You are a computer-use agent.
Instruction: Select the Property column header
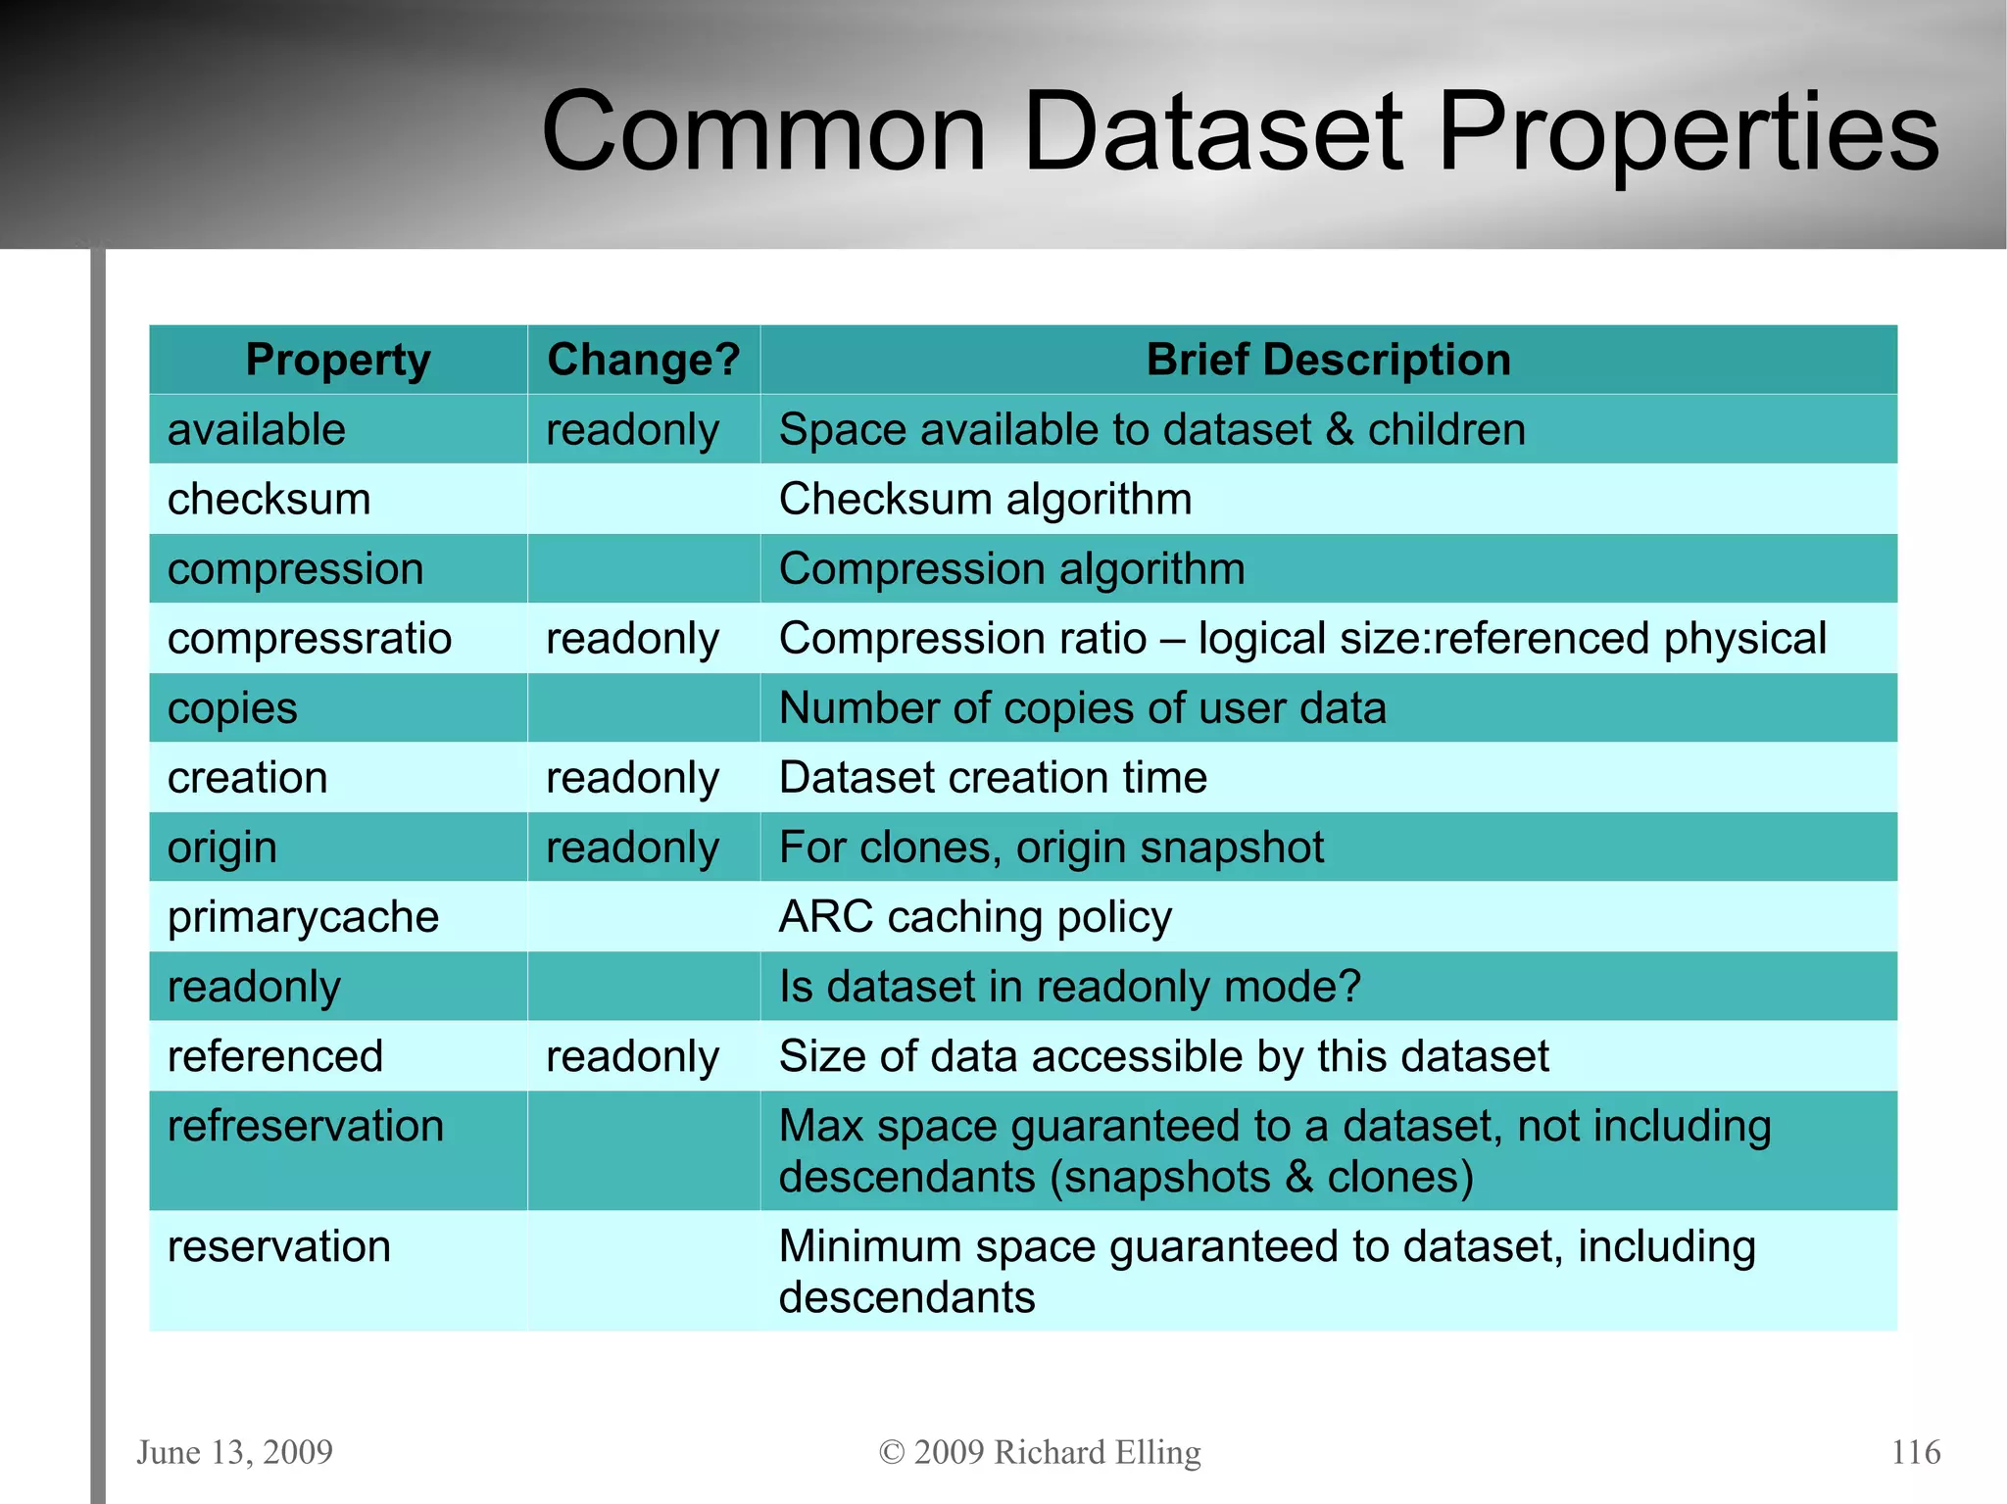tap(337, 360)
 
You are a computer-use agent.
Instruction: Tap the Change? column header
tap(643, 360)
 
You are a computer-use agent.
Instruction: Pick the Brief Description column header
tap(1328, 360)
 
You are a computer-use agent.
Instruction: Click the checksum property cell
tap(269, 500)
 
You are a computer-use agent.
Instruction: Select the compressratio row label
tap(309, 639)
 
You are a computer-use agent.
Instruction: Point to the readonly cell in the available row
tap(632, 430)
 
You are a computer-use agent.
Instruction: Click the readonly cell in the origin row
tap(632, 848)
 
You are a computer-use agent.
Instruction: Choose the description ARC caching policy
tap(974, 917)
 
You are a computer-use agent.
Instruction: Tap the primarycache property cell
tap(303, 917)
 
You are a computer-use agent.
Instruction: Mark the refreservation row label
tap(305, 1126)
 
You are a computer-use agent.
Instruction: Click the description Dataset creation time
tap(992, 778)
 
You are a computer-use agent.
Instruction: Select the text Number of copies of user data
tap(1082, 708)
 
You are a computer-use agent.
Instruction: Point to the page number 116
tap(1915, 1451)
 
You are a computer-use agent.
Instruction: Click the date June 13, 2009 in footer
tap(234, 1451)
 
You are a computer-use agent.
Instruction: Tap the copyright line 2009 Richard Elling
tap(1040, 1451)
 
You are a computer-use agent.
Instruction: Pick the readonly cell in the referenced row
tap(632, 1056)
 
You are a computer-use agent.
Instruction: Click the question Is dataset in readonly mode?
tap(1069, 987)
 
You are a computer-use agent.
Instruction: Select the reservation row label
tap(278, 1246)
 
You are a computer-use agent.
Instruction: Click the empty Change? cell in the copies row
tap(643, 708)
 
